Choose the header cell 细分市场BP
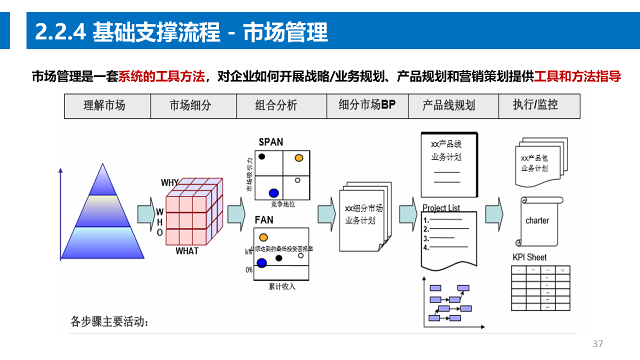[367, 105]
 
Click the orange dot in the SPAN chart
[299, 158]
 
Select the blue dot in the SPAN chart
[273, 193]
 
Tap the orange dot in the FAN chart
[263, 237]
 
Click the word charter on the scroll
[537, 220]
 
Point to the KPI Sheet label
[530, 257]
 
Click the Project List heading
[441, 208]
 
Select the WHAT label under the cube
[187, 251]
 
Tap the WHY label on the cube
[169, 183]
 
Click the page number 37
[597, 344]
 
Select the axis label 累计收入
[282, 286]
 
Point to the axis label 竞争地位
[283, 204]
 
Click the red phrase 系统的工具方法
[161, 77]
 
